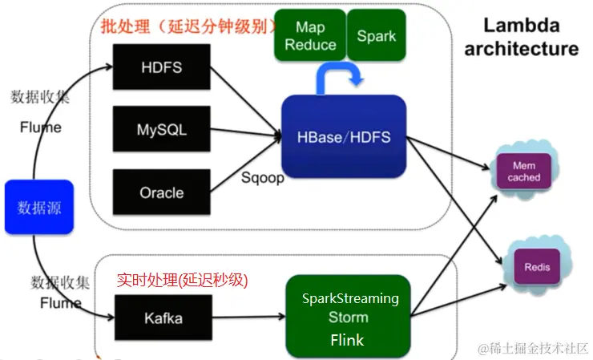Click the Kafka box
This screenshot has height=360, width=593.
coord(163,318)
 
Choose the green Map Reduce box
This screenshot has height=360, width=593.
coord(309,36)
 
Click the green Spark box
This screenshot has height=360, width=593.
coord(377,36)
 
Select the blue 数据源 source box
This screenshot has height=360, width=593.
coord(39,208)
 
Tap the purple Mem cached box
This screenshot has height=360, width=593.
coord(525,171)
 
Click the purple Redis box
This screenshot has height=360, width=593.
coord(537,266)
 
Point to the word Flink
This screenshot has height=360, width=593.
coord(347,340)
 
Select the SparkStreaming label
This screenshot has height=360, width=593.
coord(350,298)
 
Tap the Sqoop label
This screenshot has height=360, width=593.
coord(263,177)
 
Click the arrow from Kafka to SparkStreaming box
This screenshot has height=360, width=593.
coord(249,318)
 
